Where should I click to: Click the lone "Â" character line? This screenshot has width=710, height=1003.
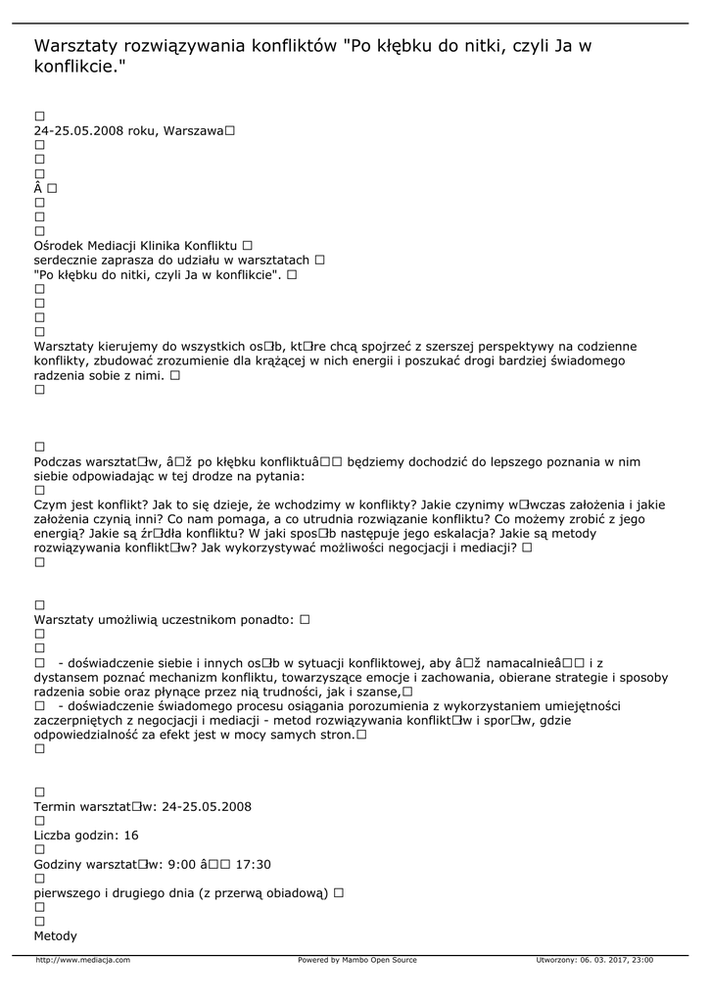tap(38, 187)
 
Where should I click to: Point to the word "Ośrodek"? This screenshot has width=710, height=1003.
tap(58, 245)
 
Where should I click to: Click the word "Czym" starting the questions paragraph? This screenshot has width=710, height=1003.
tap(50, 504)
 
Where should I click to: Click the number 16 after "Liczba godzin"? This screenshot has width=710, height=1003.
tap(131, 836)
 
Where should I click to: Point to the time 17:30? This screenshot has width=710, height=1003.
tap(254, 864)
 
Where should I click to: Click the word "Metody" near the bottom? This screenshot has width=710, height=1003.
tap(55, 936)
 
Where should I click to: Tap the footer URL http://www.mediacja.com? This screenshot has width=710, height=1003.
tap(82, 960)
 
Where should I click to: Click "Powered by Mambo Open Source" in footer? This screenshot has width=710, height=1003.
tap(356, 960)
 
